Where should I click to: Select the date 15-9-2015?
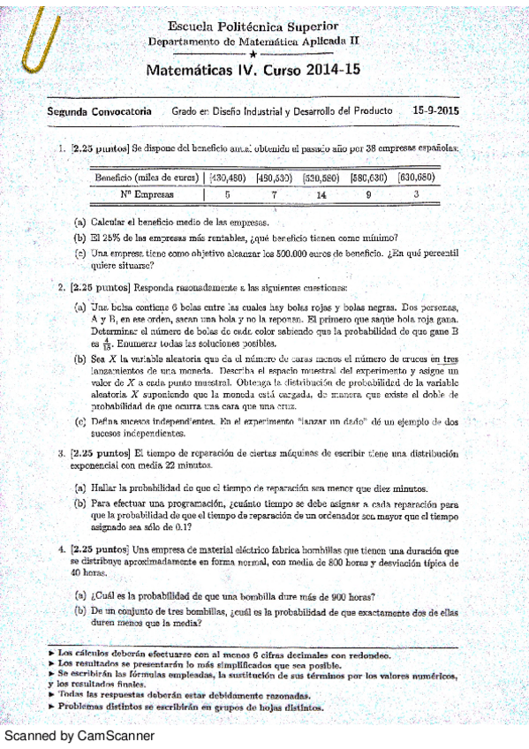[435, 112]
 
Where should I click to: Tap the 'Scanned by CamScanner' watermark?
[79, 735]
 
